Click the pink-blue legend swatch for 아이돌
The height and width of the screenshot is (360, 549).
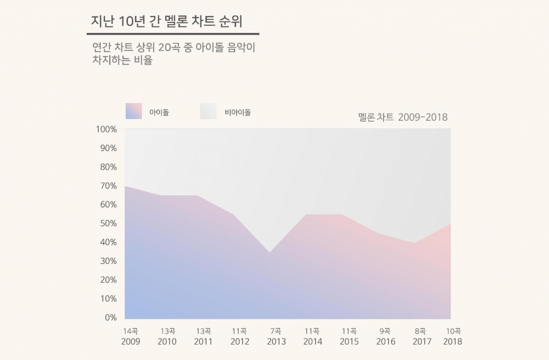(133, 111)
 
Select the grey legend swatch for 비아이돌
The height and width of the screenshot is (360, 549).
(208, 111)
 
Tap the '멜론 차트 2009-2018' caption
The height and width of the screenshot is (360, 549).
(402, 117)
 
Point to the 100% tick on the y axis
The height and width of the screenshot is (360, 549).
(106, 130)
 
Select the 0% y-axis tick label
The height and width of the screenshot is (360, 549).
(110, 317)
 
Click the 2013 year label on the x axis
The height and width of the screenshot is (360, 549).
(276, 341)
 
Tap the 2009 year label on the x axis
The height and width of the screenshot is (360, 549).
(131, 341)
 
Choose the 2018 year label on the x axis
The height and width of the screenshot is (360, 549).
(452, 341)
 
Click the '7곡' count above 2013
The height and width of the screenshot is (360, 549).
(276, 331)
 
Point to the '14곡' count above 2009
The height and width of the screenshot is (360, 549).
(131, 331)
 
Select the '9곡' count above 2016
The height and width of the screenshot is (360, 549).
(385, 331)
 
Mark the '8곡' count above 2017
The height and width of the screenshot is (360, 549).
(421, 331)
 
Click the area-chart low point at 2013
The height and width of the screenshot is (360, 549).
(270, 253)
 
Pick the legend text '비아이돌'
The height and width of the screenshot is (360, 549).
(238, 113)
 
